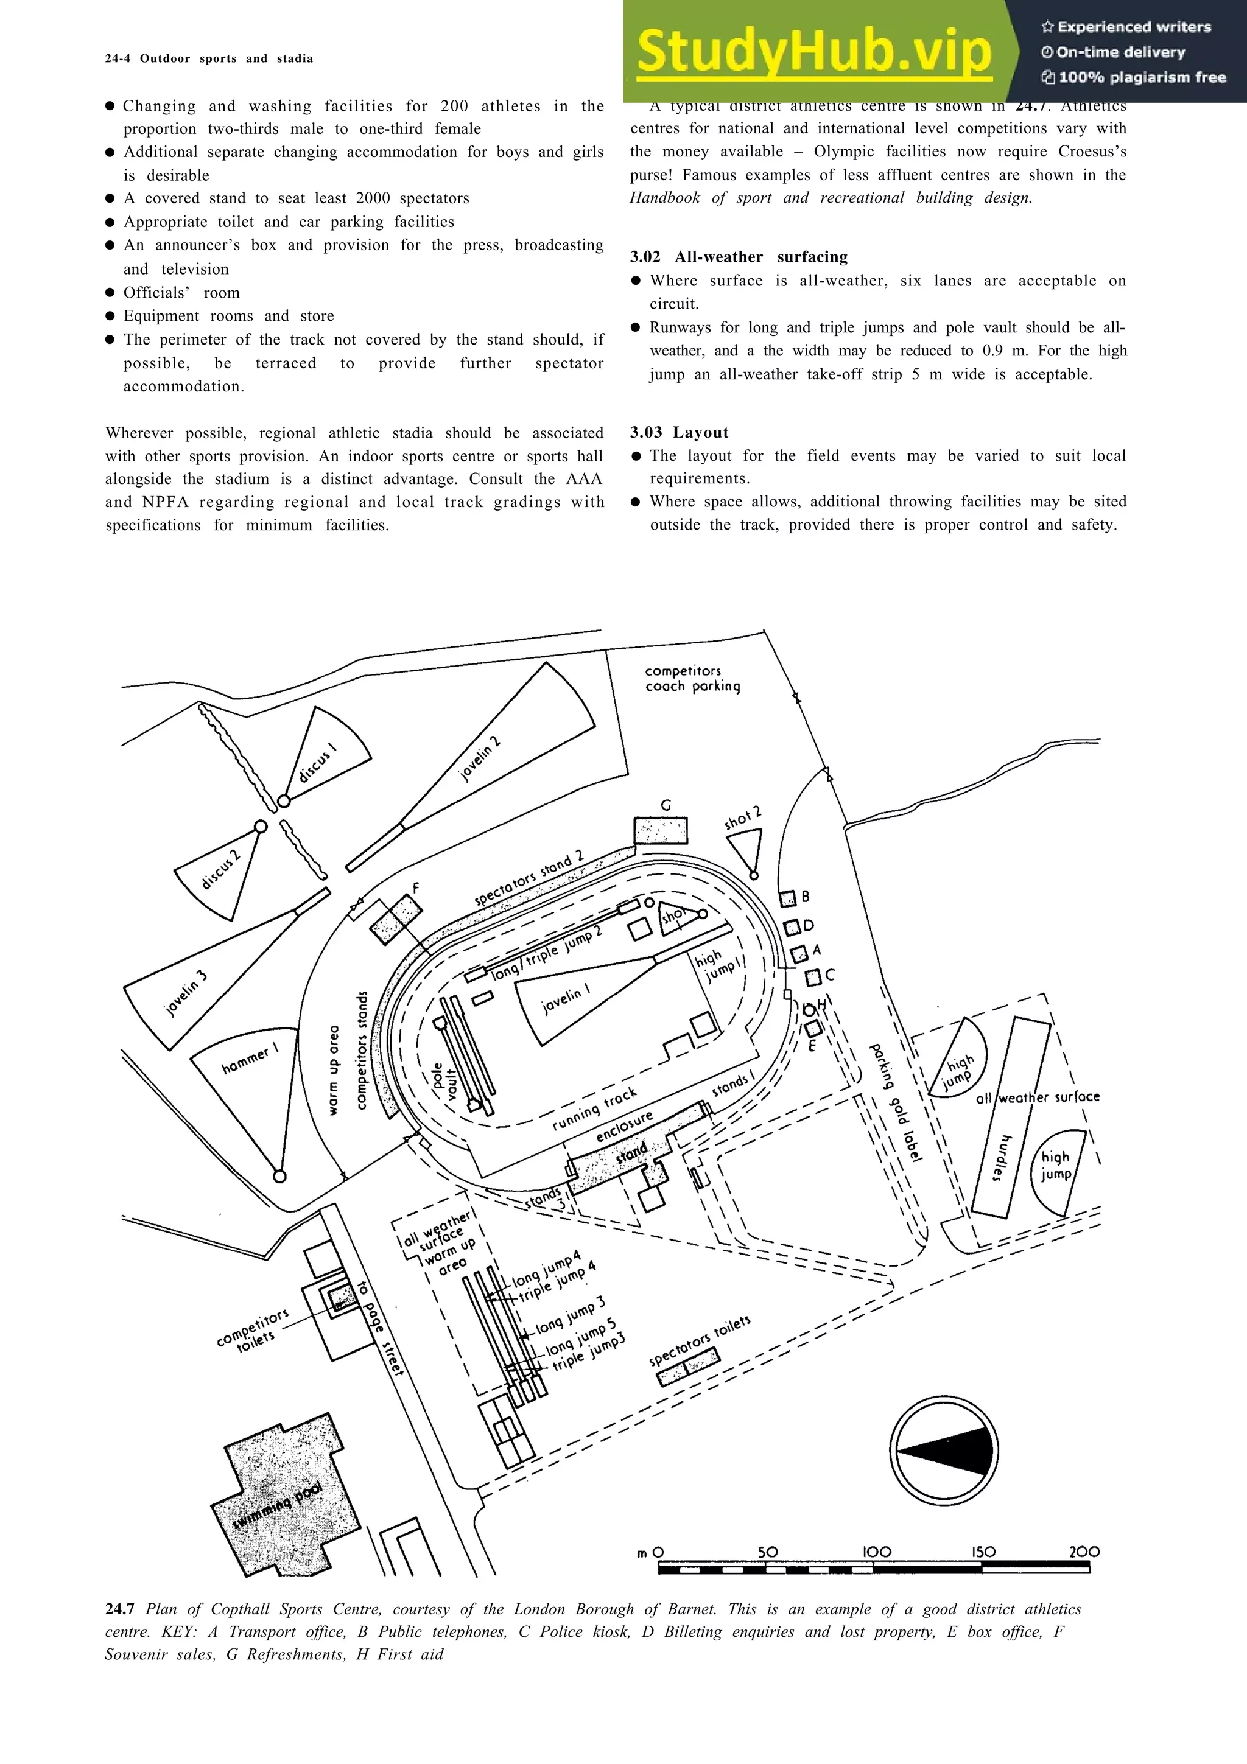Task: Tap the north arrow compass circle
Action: pyautogui.click(x=944, y=1450)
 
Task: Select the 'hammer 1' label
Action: pyautogui.click(x=249, y=1060)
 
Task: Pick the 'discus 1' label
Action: pyautogui.click(x=317, y=761)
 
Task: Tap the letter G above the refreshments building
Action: pyautogui.click(x=666, y=805)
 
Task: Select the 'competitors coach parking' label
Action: pyautogui.click(x=692, y=679)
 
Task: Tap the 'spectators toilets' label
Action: pyautogui.click(x=699, y=1341)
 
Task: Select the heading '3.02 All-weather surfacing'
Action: pyautogui.click(x=739, y=257)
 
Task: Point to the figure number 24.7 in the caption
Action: pyautogui.click(x=120, y=1609)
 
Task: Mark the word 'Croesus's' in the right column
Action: pyautogui.click(x=1092, y=152)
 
